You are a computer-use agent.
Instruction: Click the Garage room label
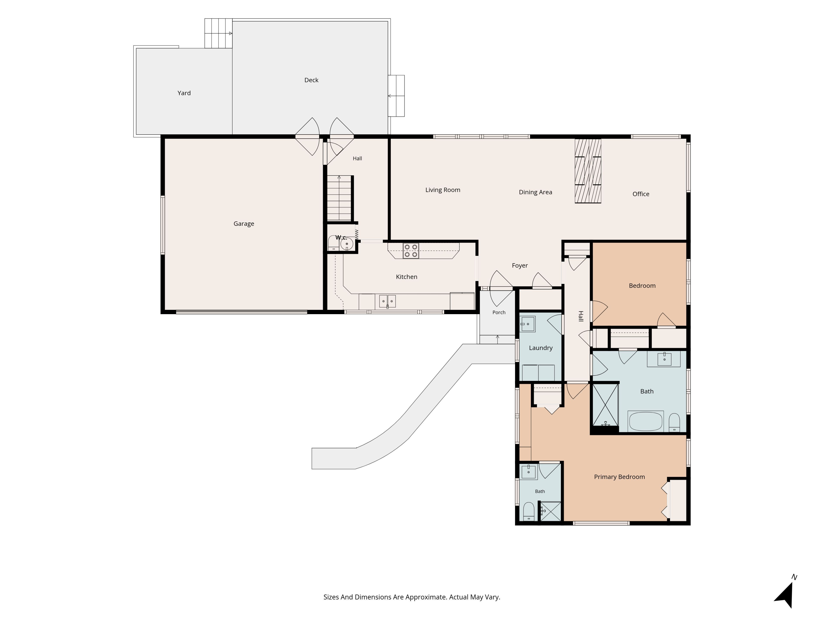pyautogui.click(x=244, y=224)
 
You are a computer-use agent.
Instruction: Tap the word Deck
pyautogui.click(x=311, y=80)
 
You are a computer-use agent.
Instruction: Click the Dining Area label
pyautogui.click(x=535, y=192)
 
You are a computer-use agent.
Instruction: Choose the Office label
pyautogui.click(x=641, y=194)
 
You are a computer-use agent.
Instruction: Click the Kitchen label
pyautogui.click(x=406, y=277)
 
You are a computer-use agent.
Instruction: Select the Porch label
pyautogui.click(x=499, y=312)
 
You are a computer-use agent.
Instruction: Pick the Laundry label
pyautogui.click(x=541, y=348)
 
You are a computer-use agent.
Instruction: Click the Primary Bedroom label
pyautogui.click(x=619, y=477)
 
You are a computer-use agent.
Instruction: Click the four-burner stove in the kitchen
pyautogui.click(x=410, y=251)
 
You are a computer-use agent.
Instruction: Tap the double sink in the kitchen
pyautogui.click(x=387, y=301)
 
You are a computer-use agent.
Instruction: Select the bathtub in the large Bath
pyautogui.click(x=645, y=421)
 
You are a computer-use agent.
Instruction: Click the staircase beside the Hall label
pyautogui.click(x=339, y=198)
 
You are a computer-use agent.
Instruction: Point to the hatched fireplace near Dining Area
pyautogui.click(x=588, y=171)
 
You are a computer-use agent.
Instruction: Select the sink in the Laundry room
pyautogui.click(x=528, y=324)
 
